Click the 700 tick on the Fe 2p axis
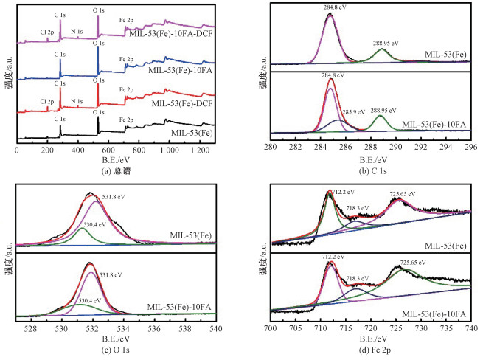pos(271,328)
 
